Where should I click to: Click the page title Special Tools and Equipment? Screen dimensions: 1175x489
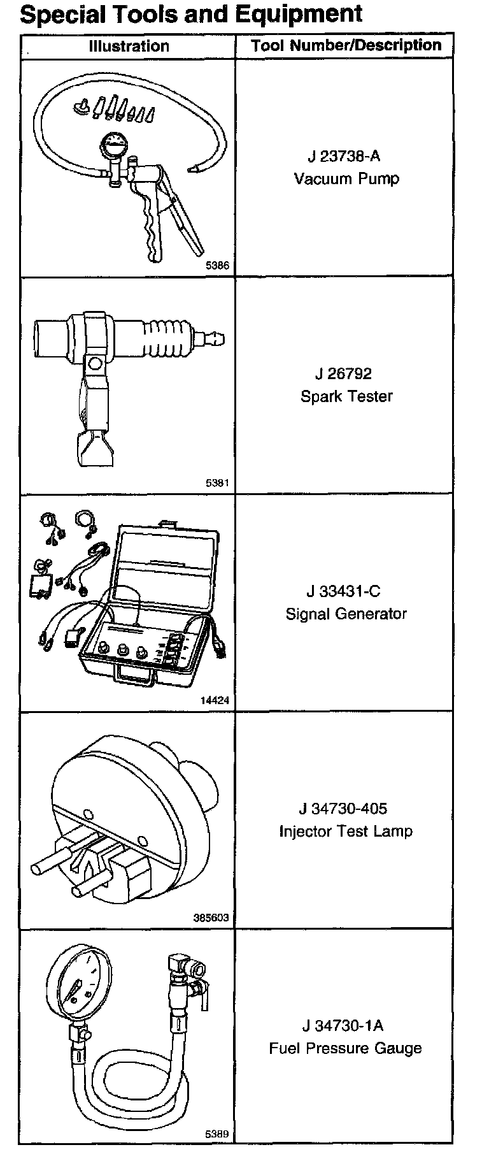(191, 14)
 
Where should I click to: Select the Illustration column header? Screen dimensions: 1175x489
(129, 46)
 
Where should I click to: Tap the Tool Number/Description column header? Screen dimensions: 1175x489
(346, 45)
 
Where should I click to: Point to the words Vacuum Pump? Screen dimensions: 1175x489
(346, 178)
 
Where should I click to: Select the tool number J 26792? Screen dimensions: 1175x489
(343, 373)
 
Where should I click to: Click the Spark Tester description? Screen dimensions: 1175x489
(346, 396)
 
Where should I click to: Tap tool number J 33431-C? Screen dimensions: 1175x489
(343, 591)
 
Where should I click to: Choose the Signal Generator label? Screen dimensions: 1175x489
(346, 614)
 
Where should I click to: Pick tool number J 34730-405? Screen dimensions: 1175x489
(343, 809)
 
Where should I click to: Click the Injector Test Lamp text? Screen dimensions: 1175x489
(346, 832)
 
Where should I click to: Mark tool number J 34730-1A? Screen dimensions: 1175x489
(343, 1026)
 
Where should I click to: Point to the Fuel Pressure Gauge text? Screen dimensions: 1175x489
(346, 1048)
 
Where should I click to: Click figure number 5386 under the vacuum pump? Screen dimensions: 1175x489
(217, 266)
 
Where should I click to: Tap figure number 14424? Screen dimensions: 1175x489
(215, 701)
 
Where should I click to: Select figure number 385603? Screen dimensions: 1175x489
(211, 918)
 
